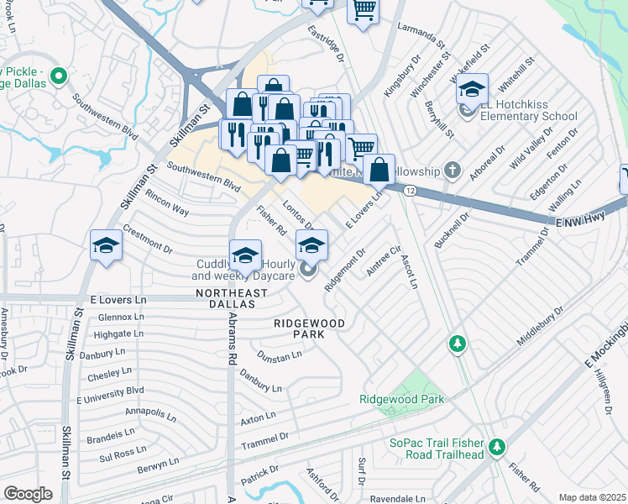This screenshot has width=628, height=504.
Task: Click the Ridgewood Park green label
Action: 402,400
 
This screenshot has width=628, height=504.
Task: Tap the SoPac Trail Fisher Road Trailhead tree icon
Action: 497,445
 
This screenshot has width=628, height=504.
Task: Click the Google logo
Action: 28,493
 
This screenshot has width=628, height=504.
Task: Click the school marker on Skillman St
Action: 107,245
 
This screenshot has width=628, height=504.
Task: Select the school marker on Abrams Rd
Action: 244,255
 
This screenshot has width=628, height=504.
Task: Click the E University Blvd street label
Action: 111,391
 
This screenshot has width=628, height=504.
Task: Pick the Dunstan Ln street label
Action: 280,355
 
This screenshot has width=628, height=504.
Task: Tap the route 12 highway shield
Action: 409,192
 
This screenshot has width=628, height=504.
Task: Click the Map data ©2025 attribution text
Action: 591,497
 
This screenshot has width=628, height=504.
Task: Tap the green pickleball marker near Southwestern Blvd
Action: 59,77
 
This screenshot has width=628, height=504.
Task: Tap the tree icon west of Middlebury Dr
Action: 457,343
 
